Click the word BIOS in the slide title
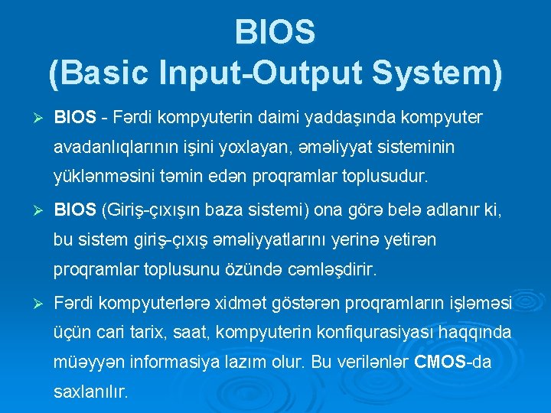[x=275, y=32]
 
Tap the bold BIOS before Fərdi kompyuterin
[x=75, y=119]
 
